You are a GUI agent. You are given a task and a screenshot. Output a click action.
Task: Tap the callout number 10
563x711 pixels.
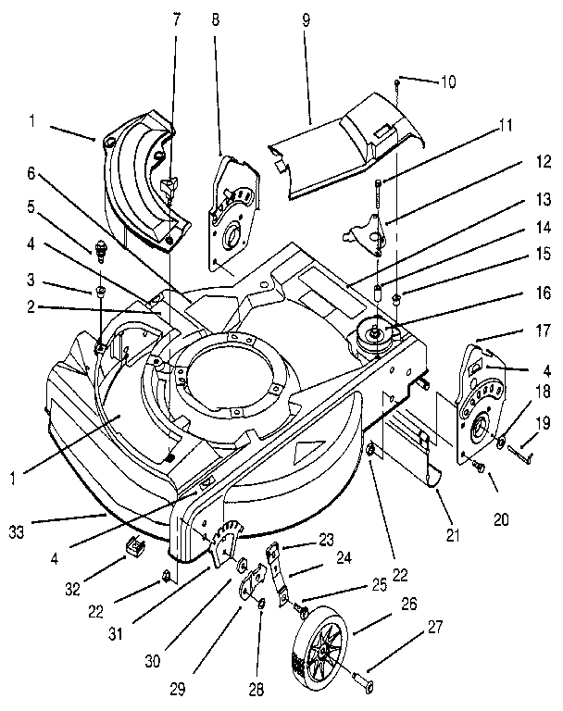[448, 81]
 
